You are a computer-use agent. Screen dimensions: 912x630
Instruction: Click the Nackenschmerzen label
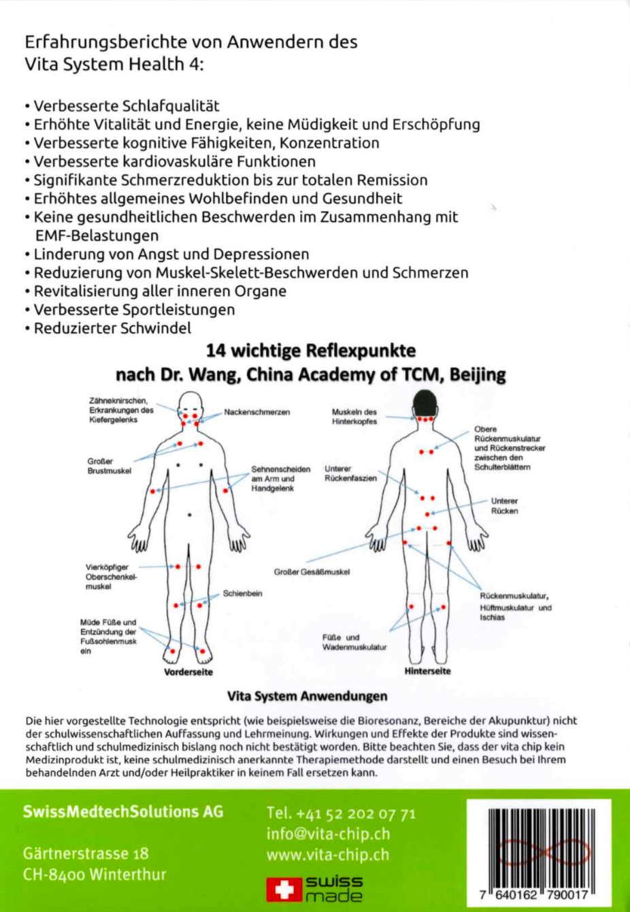[256, 412]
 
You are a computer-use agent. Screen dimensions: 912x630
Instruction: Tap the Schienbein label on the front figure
[242, 593]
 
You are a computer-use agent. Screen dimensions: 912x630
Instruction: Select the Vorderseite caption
[188, 672]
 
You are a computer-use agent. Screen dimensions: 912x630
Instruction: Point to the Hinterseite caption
[427, 671]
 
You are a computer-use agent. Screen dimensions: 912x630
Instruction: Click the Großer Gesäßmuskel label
[312, 572]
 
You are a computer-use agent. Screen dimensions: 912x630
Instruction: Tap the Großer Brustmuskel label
[109, 466]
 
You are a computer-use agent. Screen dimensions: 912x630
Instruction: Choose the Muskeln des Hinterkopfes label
[354, 417]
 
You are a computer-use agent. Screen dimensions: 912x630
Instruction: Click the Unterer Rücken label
[504, 506]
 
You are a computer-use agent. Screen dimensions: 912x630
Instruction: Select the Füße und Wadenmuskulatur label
[354, 642]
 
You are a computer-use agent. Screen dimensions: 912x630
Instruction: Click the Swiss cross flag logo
[284, 888]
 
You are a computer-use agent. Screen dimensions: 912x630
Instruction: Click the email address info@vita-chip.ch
[328, 834]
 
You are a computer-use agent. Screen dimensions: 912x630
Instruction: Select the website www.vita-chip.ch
[327, 854]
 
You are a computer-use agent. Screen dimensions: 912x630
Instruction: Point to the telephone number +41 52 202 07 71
[341, 813]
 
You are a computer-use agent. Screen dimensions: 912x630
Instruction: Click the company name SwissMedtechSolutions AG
[123, 811]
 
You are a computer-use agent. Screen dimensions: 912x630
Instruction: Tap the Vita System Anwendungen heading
[307, 696]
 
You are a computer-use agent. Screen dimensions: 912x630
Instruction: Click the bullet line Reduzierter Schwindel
[112, 328]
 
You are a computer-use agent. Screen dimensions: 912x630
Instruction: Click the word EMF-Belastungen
[97, 235]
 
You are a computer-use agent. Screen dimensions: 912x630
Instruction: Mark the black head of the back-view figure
[425, 402]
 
